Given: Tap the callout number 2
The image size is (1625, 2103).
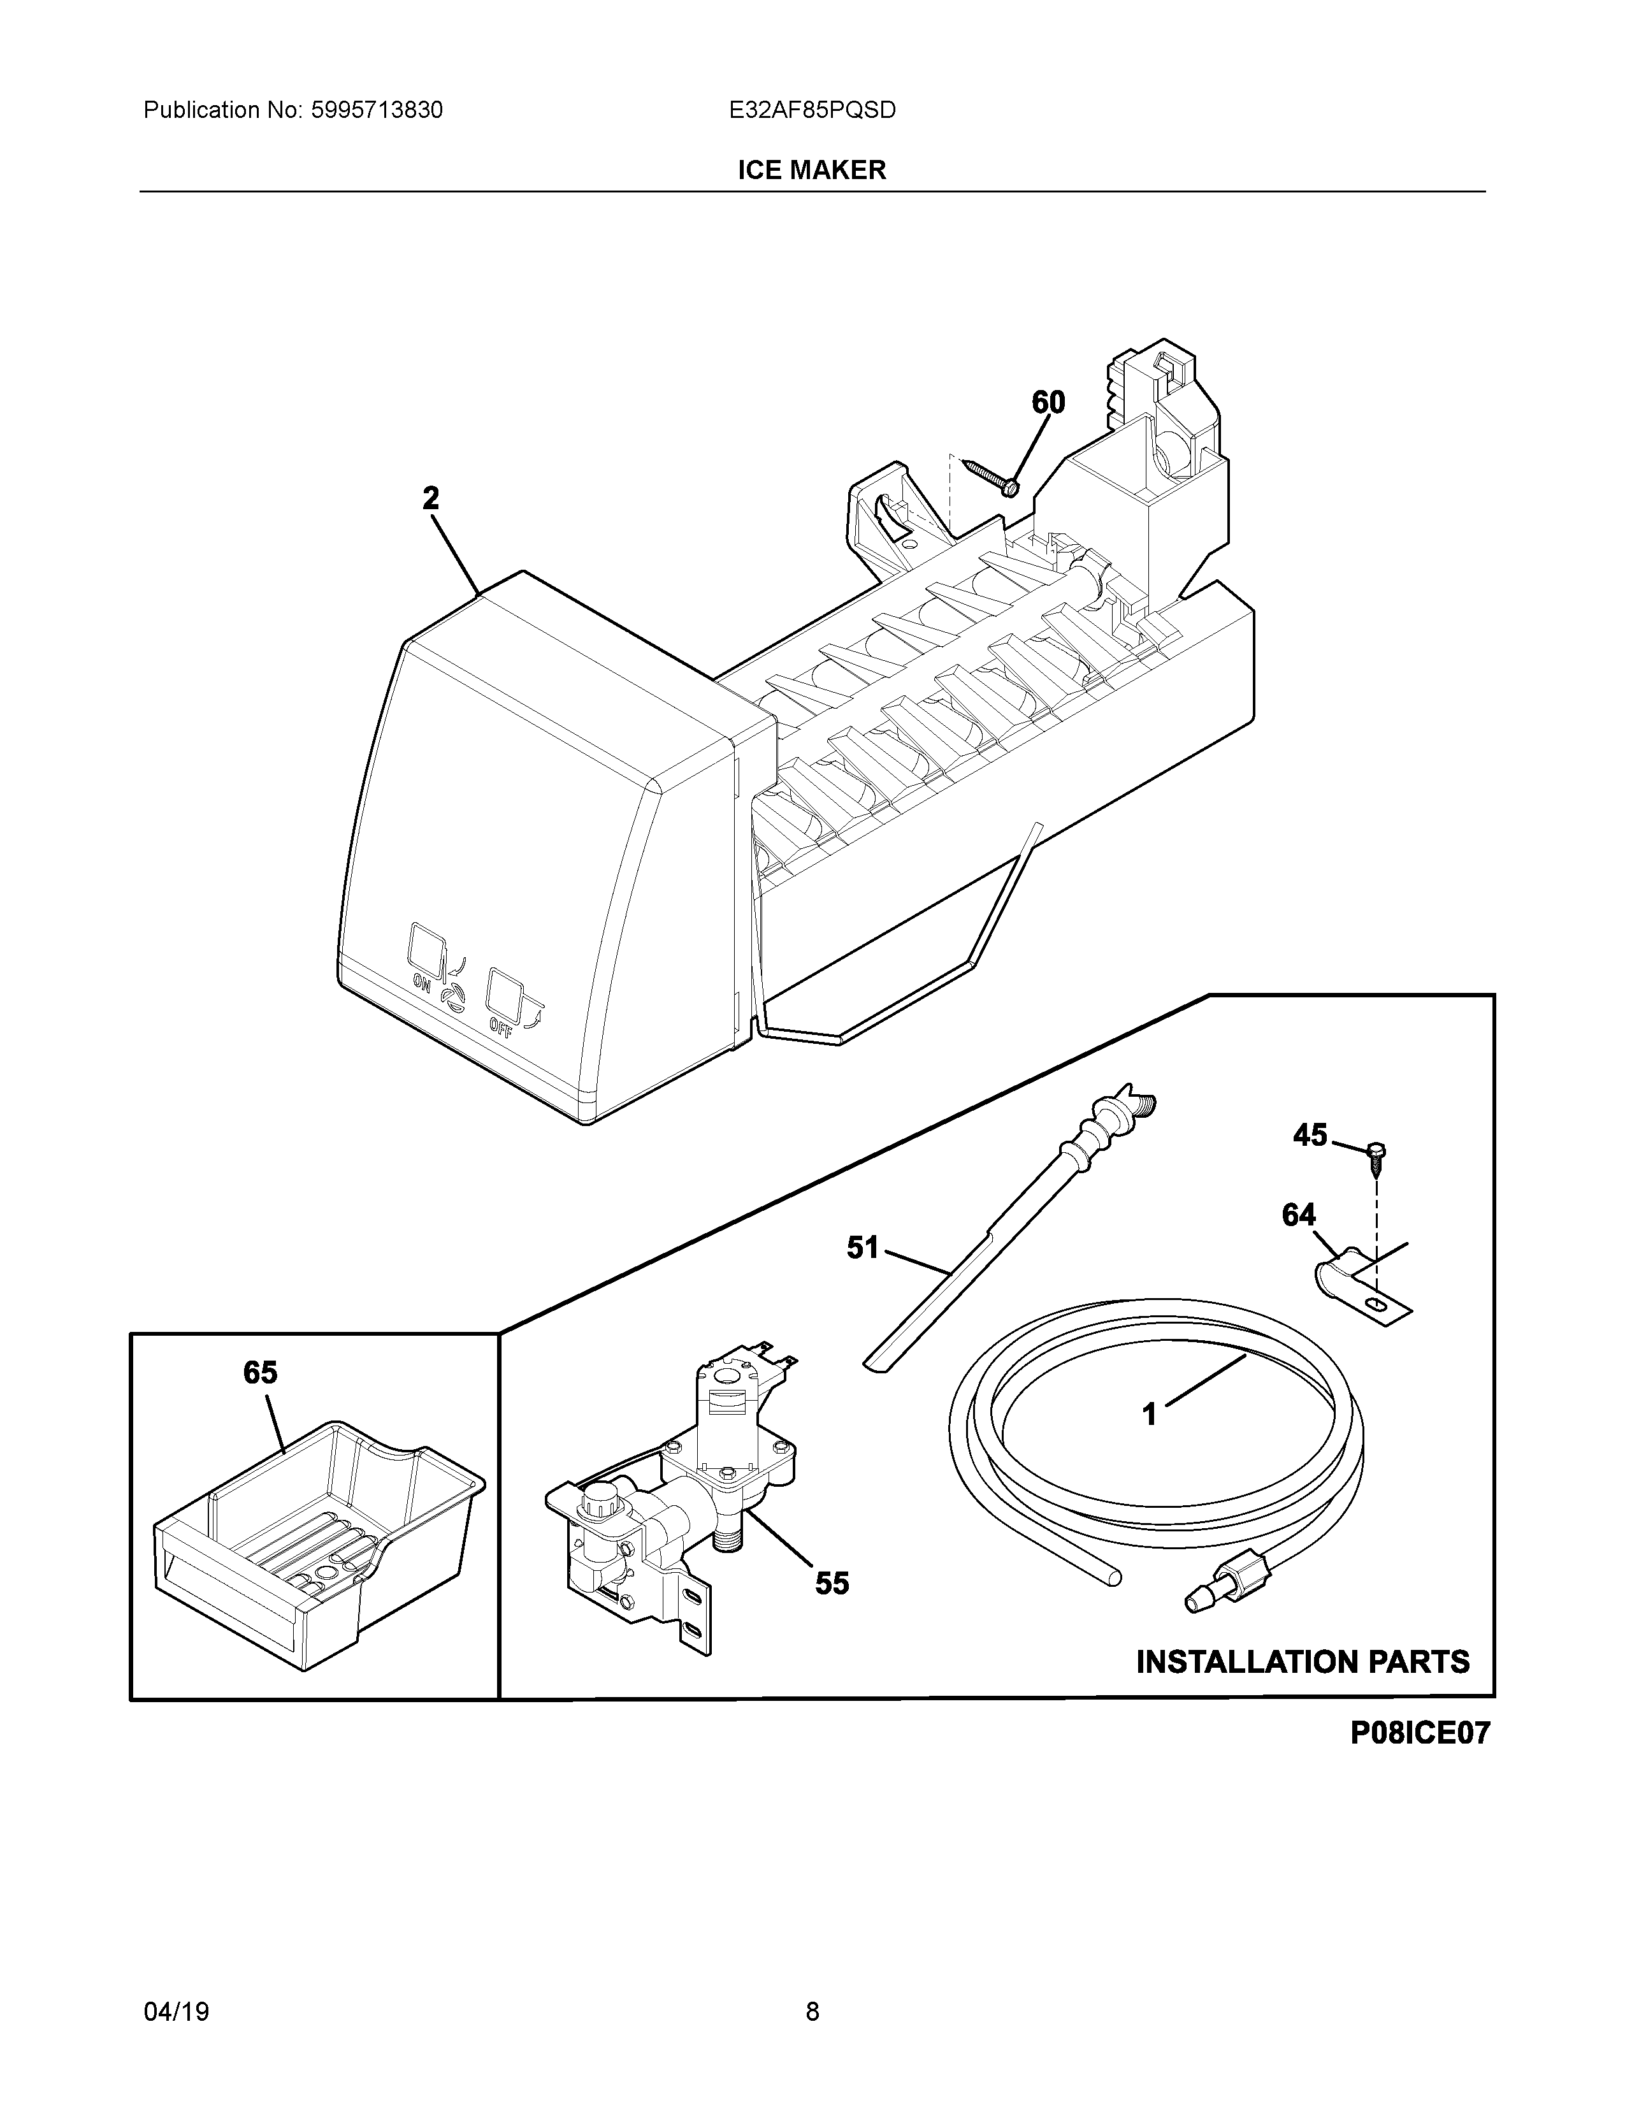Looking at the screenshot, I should (430, 499).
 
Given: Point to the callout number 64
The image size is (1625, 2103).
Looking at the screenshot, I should (1299, 1215).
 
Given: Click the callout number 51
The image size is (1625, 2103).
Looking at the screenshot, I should (863, 1248).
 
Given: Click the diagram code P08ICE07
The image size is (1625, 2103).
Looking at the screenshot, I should (1419, 1733).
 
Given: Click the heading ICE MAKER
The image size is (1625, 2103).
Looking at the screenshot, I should (811, 170).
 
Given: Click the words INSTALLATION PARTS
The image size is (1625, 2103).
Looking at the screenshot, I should (1303, 1661).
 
